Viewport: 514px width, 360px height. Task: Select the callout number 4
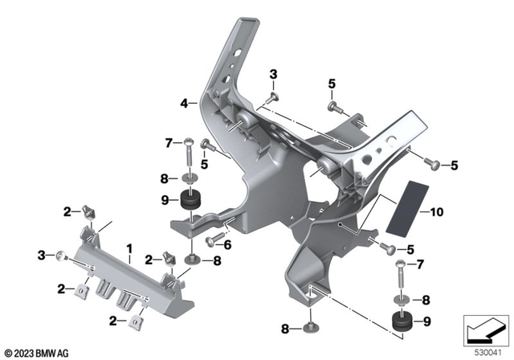pos(184,104)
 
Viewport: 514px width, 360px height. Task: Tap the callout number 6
pos(228,245)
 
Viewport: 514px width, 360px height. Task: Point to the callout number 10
pos(436,213)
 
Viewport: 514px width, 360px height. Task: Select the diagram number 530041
pos(483,352)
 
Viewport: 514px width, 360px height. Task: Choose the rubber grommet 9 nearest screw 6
pos(193,202)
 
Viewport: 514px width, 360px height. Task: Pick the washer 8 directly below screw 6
pos(194,258)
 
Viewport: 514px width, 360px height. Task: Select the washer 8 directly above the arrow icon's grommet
pos(401,299)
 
